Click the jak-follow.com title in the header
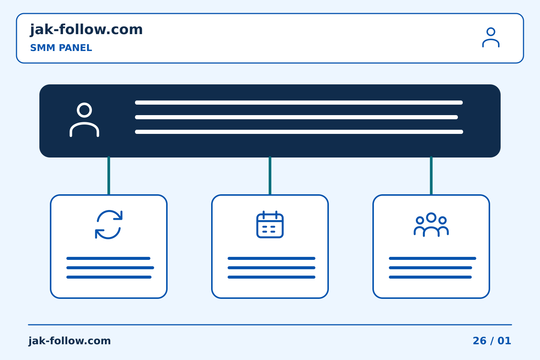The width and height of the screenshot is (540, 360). click(x=86, y=30)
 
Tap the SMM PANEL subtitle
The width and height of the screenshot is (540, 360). click(x=61, y=48)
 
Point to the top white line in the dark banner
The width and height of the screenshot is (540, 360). click(x=298, y=103)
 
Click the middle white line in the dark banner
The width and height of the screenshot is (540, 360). click(x=296, y=117)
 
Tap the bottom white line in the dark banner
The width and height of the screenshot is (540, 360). click(x=299, y=132)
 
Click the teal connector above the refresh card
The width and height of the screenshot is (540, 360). click(x=109, y=175)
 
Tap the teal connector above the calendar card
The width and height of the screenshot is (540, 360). click(x=270, y=175)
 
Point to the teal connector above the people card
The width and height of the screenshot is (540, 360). click(x=431, y=175)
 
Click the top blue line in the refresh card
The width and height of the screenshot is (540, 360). click(x=108, y=258)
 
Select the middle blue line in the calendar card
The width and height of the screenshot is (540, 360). click(x=271, y=268)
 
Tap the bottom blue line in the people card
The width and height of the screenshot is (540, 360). click(x=430, y=277)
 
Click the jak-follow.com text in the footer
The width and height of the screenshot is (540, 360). click(x=69, y=341)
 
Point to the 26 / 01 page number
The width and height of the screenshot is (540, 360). click(x=492, y=341)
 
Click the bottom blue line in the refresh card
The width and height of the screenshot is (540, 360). click(x=109, y=277)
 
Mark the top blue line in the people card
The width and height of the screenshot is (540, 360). click(x=432, y=258)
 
